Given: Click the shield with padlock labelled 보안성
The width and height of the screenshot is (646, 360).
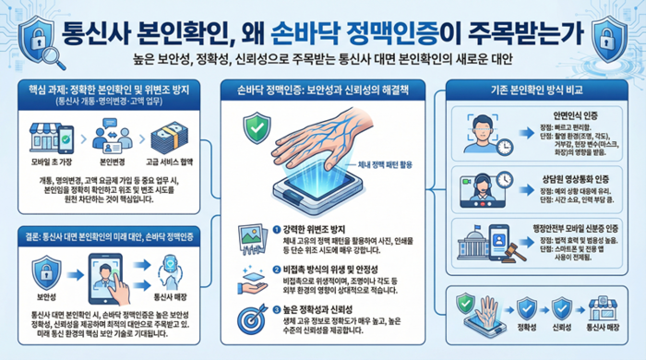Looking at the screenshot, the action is (46, 270).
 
